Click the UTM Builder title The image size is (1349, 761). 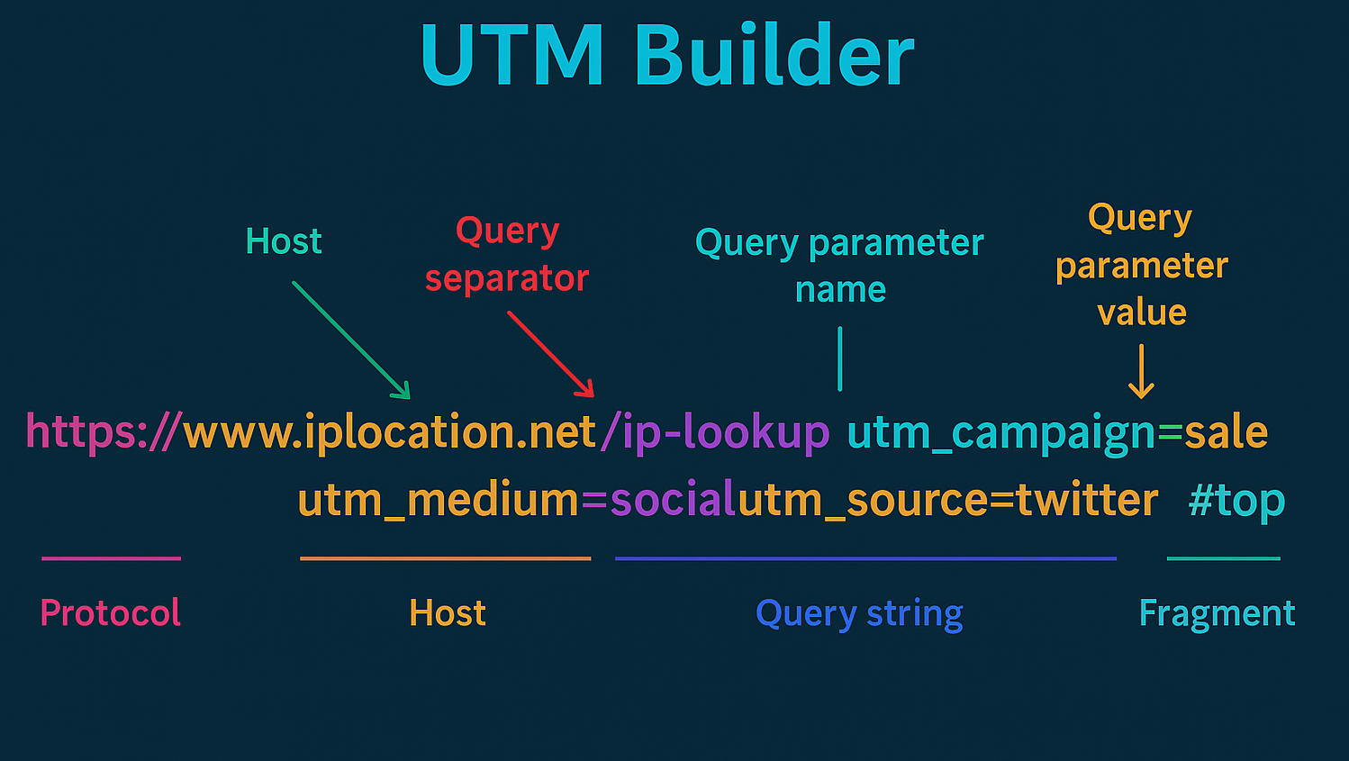coord(667,54)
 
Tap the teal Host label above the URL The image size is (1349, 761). coord(284,241)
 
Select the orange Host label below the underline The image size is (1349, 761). coord(448,613)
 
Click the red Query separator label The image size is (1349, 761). coord(507,255)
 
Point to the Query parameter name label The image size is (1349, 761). coord(839,266)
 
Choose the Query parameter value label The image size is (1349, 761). coord(1141,265)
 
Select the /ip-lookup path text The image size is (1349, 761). coord(715,431)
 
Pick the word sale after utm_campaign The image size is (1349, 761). coord(1227,431)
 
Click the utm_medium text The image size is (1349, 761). coord(439,500)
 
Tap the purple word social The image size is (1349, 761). coord(674,499)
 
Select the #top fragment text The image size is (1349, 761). coord(1237,501)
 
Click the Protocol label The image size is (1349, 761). coord(110,613)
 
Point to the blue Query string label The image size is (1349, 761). coord(859,614)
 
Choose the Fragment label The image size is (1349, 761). coord(1218,614)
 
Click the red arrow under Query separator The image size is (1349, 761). coord(551,354)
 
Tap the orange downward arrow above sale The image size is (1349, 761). coord(1141,371)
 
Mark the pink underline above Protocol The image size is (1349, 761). coord(112,558)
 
